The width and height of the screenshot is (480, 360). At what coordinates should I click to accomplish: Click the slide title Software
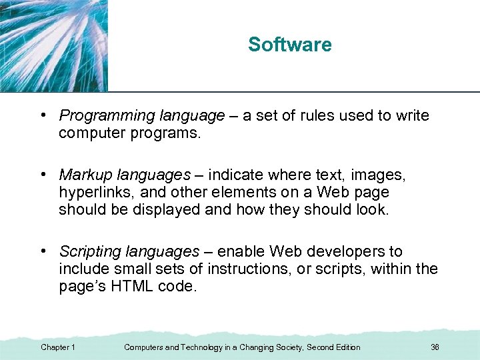(x=289, y=45)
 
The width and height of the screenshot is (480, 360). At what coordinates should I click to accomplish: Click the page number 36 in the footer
(x=435, y=347)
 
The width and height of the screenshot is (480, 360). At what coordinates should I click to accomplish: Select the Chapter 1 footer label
(x=57, y=347)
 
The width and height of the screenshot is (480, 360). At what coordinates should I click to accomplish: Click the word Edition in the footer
(x=345, y=347)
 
